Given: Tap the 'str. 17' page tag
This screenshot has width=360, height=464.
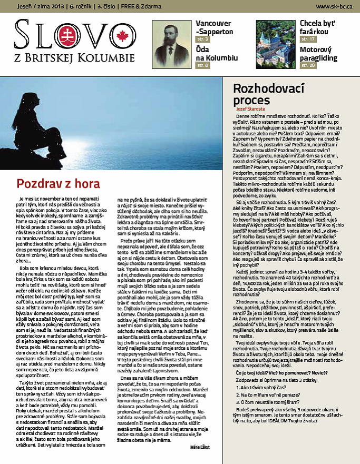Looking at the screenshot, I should (x=308, y=40).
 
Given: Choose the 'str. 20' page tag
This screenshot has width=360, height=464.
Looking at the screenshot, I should (x=308, y=65).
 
